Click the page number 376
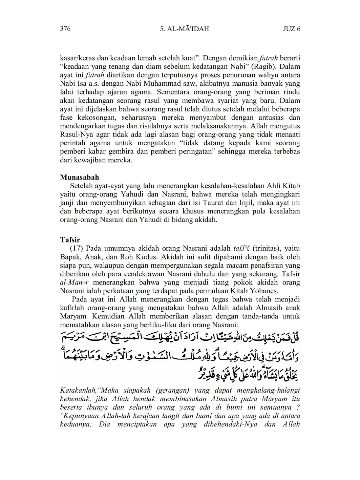pos(65,29)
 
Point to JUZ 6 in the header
pos(292,29)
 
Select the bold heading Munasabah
pos(80,178)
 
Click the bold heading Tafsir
pos(70,240)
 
